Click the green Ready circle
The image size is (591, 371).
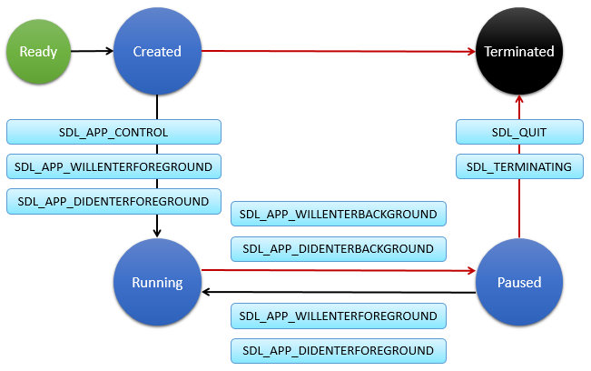coord(38,51)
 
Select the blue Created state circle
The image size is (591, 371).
coord(157,51)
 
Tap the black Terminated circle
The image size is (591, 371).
coord(518,51)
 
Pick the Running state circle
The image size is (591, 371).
coord(157,282)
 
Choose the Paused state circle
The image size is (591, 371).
coord(518,282)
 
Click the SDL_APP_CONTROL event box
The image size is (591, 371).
coord(113,132)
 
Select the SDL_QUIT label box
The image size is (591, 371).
coord(518,132)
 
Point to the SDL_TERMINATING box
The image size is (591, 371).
coord(518,166)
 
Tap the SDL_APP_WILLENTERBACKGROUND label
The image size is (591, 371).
coord(339,214)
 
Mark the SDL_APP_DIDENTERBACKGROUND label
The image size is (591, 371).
coord(339,248)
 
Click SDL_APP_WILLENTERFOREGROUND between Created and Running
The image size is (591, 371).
coord(113,166)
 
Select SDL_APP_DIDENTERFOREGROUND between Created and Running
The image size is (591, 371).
coord(113,201)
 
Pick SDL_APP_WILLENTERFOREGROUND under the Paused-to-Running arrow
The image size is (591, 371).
coord(339,316)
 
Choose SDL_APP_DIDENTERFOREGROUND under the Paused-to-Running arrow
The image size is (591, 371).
coord(339,350)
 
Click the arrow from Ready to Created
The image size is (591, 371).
coord(91,51)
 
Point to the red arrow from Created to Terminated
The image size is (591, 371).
coord(336,51)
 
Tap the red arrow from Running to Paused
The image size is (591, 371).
coord(336,270)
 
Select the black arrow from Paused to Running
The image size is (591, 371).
coord(336,292)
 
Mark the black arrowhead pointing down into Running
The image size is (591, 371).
coord(157,233)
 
